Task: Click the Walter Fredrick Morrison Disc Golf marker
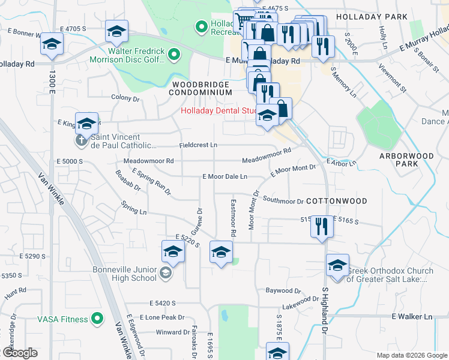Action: click(x=174, y=55)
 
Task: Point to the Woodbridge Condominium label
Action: click(x=200, y=88)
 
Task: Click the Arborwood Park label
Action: click(x=406, y=160)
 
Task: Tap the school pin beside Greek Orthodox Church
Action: click(x=337, y=265)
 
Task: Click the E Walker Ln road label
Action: click(x=412, y=316)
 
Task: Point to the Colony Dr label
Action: click(x=125, y=97)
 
